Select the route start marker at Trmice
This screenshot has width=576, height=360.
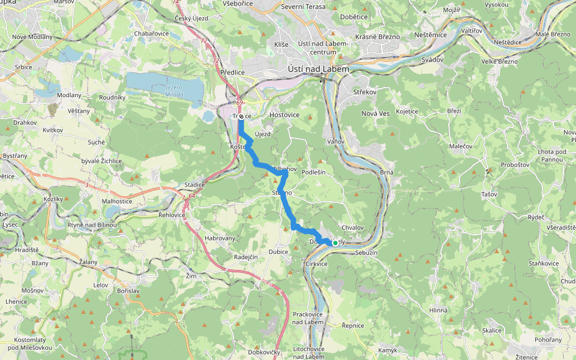[241, 116]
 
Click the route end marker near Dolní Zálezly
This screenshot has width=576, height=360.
[335, 243]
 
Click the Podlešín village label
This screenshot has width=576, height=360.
[313, 172]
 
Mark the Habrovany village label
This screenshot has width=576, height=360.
[220, 238]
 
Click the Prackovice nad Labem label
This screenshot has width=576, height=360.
[309, 318]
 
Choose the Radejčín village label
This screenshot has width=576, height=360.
[246, 257]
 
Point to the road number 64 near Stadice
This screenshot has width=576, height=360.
[192, 195]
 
